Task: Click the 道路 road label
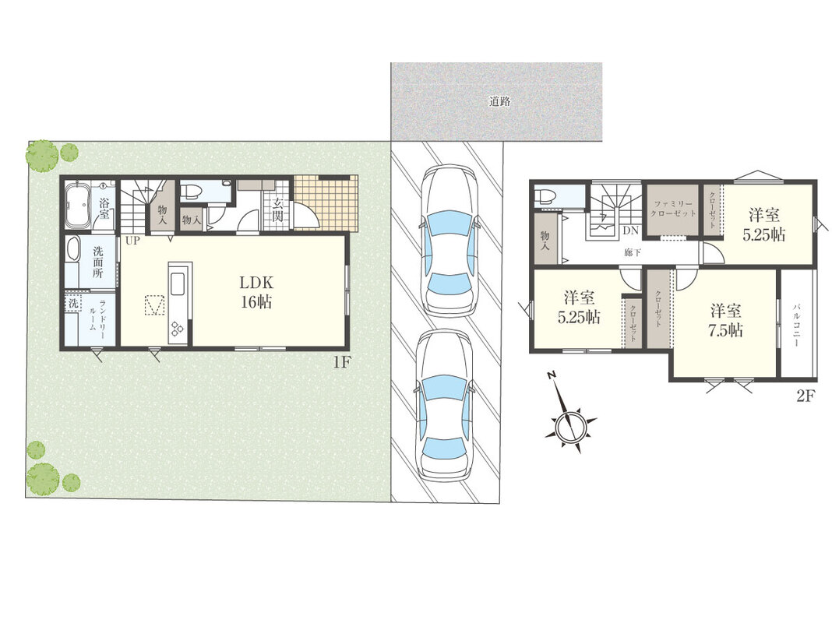coord(499,101)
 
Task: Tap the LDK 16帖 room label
coord(257,291)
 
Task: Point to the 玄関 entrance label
coord(277,209)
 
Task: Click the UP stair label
coord(132,241)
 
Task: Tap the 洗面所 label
coord(98,262)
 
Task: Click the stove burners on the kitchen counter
coord(177,329)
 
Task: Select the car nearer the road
coord(449,241)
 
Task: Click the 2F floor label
coord(805,396)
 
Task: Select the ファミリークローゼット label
coord(673,209)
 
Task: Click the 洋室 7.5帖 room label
coord(726,321)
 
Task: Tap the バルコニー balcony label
coord(796,325)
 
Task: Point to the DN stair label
coord(631,231)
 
